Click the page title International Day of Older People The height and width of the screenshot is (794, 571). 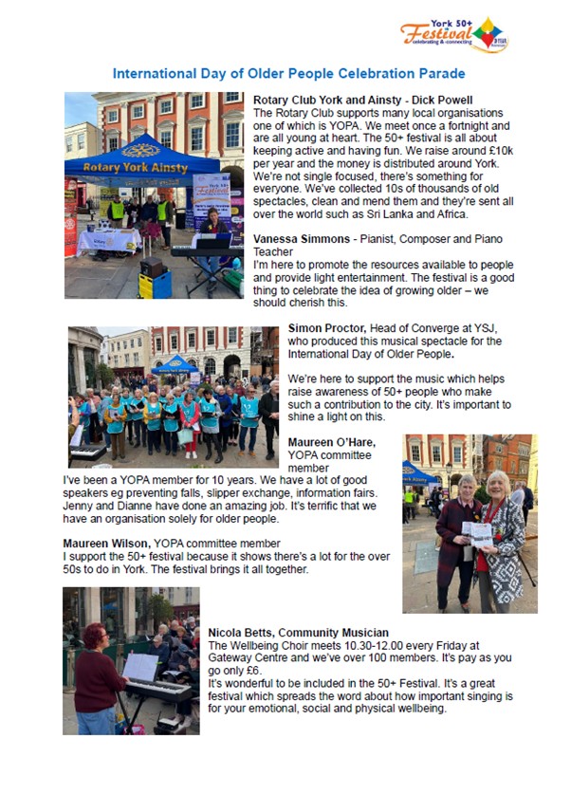(288, 73)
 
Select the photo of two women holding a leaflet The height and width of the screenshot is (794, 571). (469, 523)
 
